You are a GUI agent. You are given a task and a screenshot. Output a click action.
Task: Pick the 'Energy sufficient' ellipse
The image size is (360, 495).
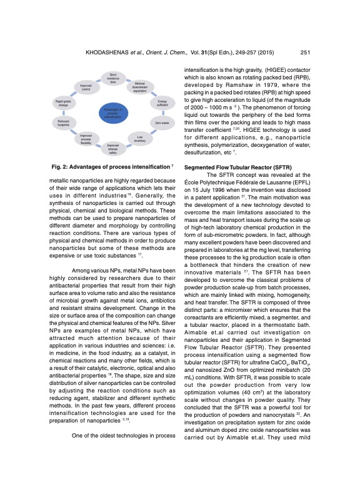pyautogui.click(x=162, y=102)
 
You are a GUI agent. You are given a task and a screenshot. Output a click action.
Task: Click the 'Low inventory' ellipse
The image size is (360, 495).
pyautogui.click(x=140, y=138)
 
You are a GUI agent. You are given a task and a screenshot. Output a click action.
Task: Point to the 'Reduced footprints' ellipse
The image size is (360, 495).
pyautogui.click(x=63, y=123)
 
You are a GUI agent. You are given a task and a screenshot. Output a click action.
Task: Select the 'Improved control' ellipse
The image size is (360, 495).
pyautogui.click(x=86, y=87)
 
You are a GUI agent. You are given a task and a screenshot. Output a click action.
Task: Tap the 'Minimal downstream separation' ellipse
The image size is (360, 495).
pyautogui.click(x=140, y=87)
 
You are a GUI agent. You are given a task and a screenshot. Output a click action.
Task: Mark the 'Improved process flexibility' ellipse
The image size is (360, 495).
pyautogui.click(x=86, y=138)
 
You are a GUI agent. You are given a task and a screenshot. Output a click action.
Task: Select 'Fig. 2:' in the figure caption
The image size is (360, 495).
pyautogui.click(x=61, y=167)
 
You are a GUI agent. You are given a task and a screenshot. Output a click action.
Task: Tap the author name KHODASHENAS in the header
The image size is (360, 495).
pyautogui.click(x=92, y=52)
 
